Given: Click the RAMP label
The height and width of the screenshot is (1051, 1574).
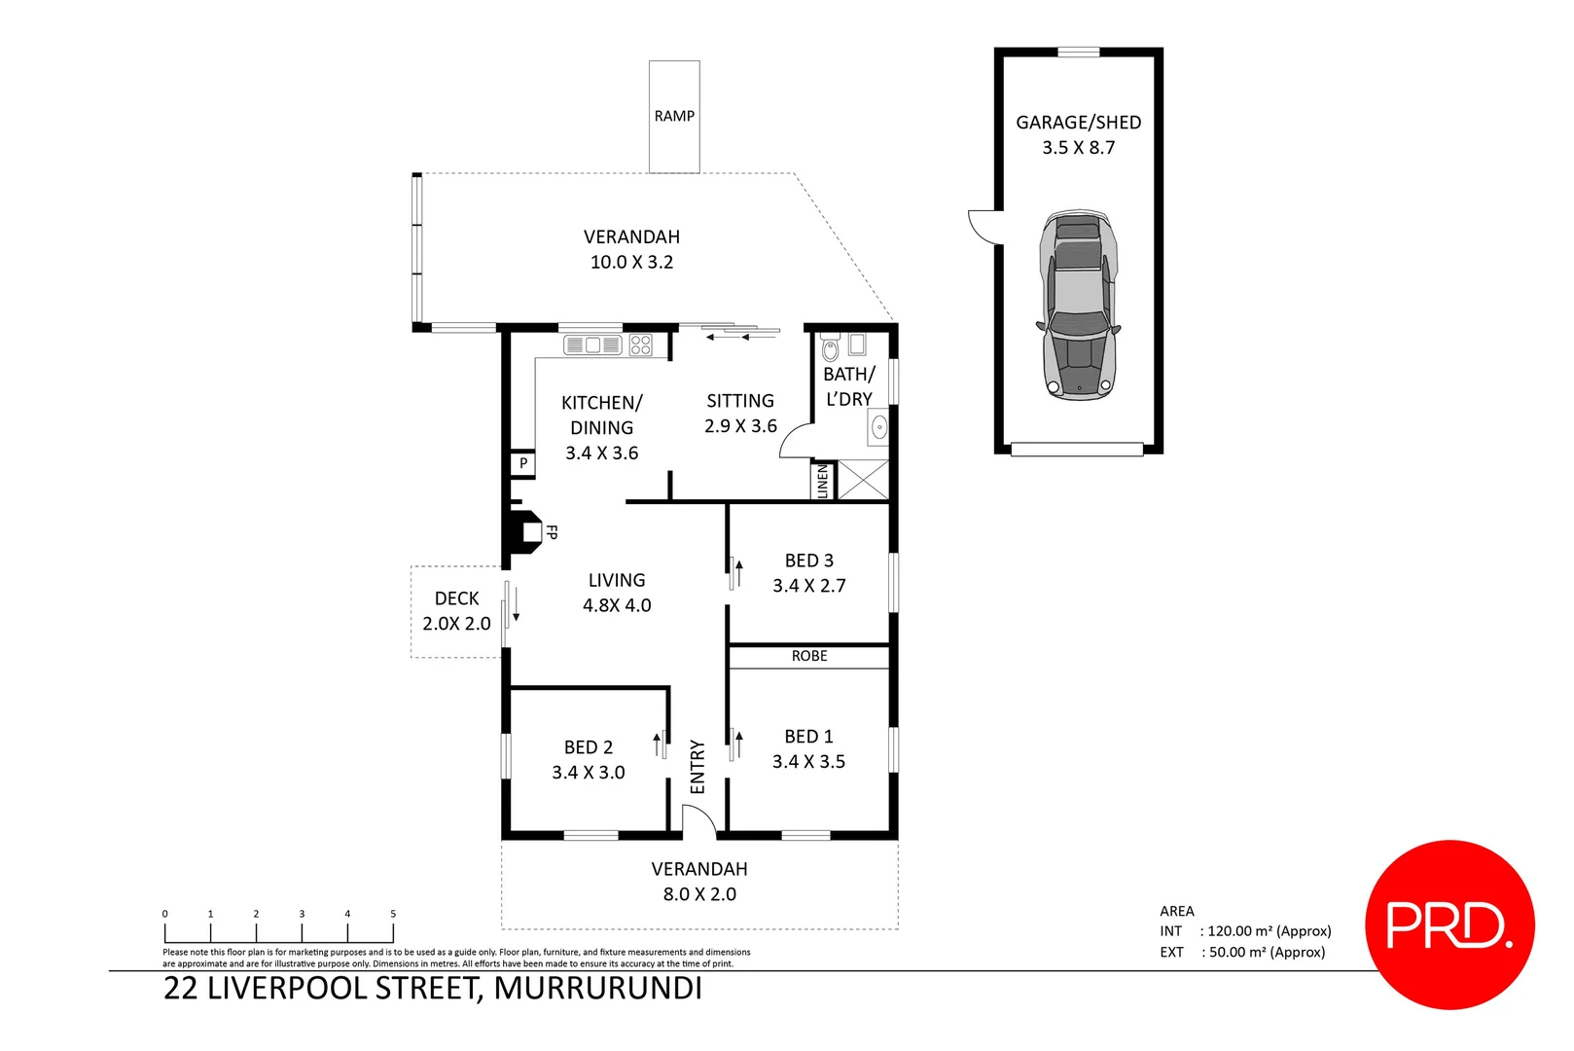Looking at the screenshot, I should (x=674, y=116).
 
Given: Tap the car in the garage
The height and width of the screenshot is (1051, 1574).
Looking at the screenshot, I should (x=1079, y=304).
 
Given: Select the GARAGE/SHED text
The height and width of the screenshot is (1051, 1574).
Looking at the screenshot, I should (x=1078, y=123).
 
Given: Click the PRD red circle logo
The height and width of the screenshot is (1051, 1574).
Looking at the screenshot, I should (x=1449, y=924).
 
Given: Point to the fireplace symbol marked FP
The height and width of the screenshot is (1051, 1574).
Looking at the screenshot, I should (x=526, y=532).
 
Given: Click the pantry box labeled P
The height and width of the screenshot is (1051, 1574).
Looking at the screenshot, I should (x=523, y=464).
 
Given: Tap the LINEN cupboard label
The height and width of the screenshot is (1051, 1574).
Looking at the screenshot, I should (x=822, y=481).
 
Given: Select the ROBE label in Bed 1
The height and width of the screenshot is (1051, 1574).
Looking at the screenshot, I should (x=809, y=657).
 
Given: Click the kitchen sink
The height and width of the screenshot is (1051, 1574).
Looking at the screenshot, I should (x=592, y=345).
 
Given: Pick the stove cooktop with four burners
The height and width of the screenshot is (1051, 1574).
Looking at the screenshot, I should (x=640, y=345).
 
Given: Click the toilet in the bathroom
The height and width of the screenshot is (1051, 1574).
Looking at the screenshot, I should (x=830, y=347).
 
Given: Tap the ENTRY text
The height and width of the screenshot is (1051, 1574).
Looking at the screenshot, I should (x=698, y=767).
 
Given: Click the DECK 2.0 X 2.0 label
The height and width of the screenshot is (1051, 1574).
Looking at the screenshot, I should (x=456, y=611).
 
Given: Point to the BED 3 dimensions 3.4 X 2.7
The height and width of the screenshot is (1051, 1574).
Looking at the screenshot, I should (x=809, y=586).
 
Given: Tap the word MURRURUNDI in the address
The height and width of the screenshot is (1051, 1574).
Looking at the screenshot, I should (x=597, y=989).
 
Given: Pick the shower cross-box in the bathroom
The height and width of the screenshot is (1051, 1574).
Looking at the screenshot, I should (x=863, y=481).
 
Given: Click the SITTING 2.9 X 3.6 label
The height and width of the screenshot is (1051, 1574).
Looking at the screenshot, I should (x=740, y=414).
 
